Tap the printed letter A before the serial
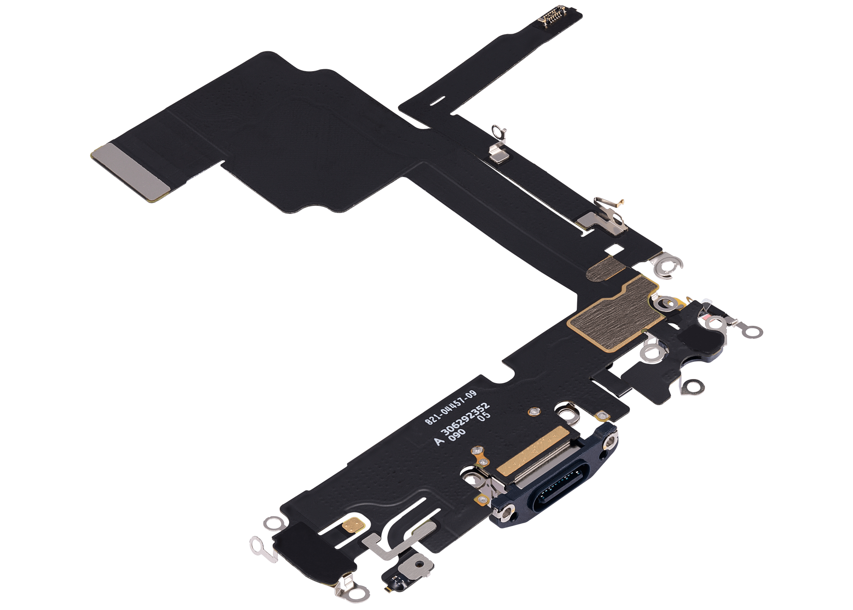pyautogui.click(x=439, y=441)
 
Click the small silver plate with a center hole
pyautogui.click(x=418, y=564)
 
